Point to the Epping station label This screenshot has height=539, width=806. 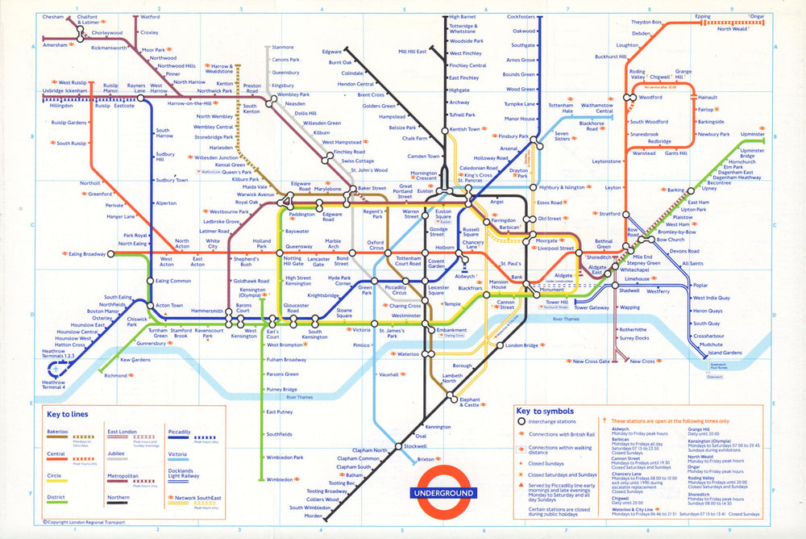click(702, 16)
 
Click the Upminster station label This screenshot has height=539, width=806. click(752, 133)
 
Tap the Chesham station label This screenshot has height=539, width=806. click(53, 16)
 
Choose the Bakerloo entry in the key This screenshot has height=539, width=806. click(57, 432)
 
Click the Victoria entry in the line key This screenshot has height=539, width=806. click(178, 454)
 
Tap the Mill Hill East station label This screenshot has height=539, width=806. click(412, 52)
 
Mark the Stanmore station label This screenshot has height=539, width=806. click(283, 47)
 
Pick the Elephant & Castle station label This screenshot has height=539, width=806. click(470, 402)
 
